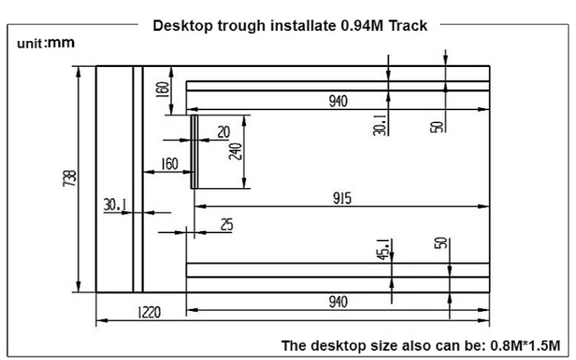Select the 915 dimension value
tap(341, 199)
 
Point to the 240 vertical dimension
tap(235, 152)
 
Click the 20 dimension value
tap(222, 132)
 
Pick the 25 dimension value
tap(226, 225)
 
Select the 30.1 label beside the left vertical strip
tap(115, 205)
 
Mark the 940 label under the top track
tap(338, 102)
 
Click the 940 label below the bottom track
tap(338, 302)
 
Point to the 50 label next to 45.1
tap(440, 243)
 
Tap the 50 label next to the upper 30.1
tap(436, 126)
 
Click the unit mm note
tap(45, 44)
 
